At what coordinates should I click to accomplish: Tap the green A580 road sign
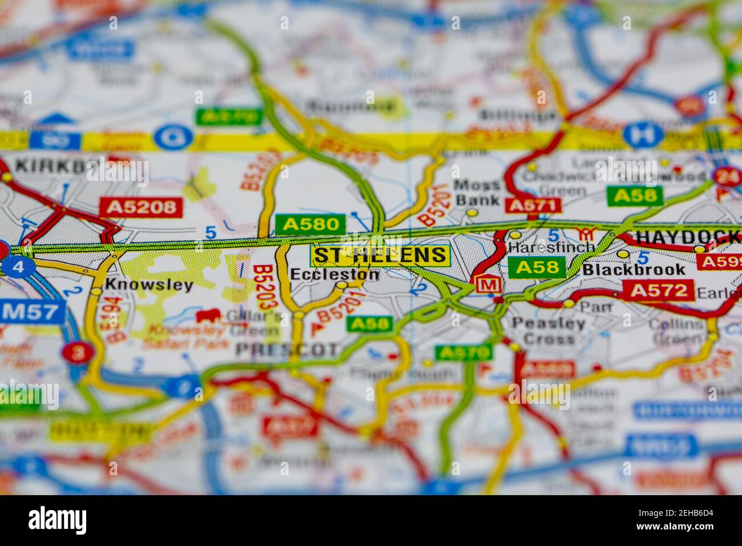[310, 224]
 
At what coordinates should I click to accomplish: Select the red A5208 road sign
[141, 207]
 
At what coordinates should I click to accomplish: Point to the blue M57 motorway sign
[31, 312]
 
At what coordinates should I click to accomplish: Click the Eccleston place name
[334, 274]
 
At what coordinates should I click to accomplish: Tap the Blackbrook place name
[634, 270]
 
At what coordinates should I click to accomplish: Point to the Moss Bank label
[477, 192]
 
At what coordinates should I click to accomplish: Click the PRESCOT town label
[287, 349]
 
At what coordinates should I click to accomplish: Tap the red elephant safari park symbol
[208, 316]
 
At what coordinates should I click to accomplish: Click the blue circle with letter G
[170, 137]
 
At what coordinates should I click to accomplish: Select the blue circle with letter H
[643, 134]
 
